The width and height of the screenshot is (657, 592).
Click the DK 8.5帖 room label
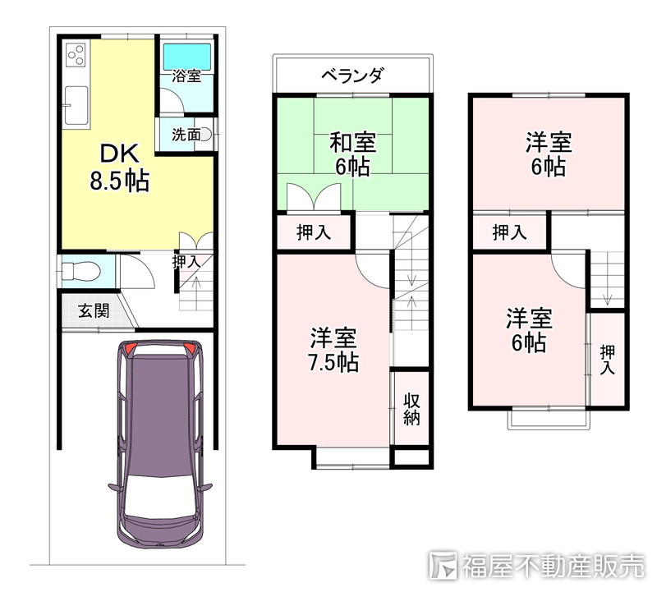120,168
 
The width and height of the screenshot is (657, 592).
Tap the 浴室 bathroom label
186,76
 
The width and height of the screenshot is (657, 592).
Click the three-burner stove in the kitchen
76,54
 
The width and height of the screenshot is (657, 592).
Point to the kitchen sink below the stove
76,106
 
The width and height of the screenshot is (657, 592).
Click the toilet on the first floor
80,271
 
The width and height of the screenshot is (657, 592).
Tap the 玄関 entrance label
94,311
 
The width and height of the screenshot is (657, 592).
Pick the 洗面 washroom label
186,135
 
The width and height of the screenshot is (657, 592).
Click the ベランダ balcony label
352,76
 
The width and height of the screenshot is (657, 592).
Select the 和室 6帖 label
352,154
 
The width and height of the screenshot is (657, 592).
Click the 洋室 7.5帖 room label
333,351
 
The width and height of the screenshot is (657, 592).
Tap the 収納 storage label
411,410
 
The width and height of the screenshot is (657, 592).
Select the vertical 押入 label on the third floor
607,360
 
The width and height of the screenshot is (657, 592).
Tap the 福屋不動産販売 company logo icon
443,566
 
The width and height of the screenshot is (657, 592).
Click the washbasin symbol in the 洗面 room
207,135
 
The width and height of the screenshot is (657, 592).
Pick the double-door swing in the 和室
314,197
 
